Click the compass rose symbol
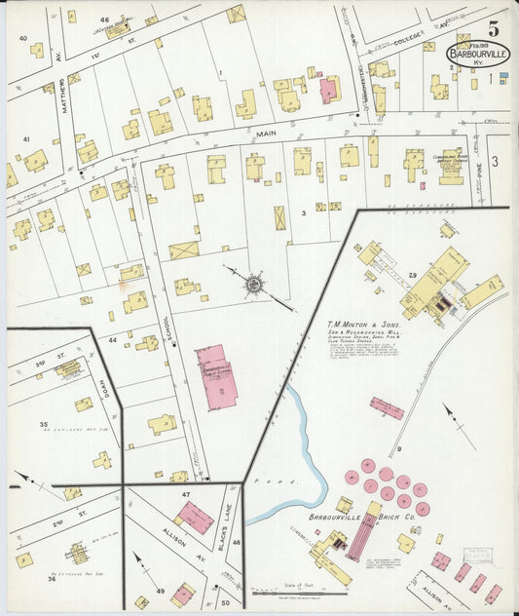pos(253,284)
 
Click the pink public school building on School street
pos(217,374)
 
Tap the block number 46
pos(104,19)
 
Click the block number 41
pos(26,139)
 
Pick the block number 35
pos(44,425)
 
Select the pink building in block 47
pos(195,517)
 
